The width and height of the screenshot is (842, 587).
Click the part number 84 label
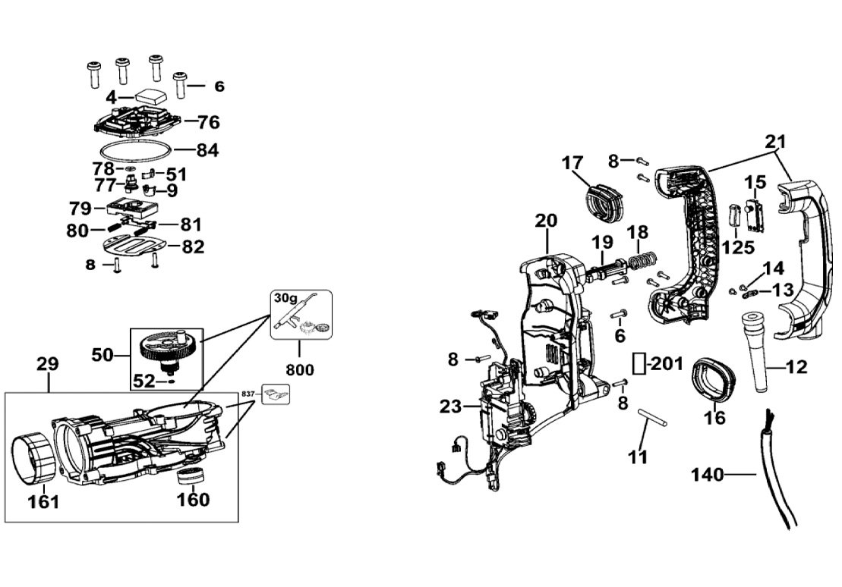[x=207, y=149]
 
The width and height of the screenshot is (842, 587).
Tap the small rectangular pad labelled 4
[x=150, y=98]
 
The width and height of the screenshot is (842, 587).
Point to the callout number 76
[x=208, y=122]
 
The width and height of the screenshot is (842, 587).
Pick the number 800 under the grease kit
[x=300, y=369]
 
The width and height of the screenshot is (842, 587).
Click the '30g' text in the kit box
[x=285, y=298]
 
